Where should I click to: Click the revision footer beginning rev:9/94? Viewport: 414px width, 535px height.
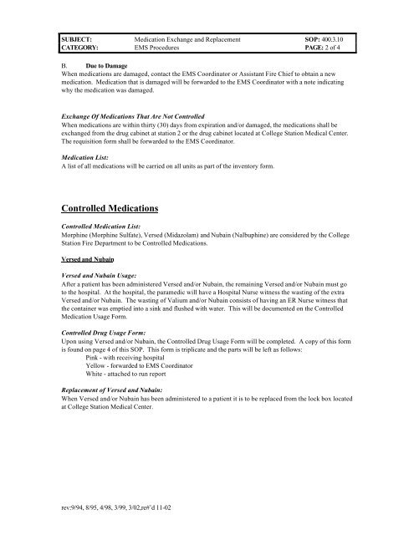[x=116, y=507]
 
